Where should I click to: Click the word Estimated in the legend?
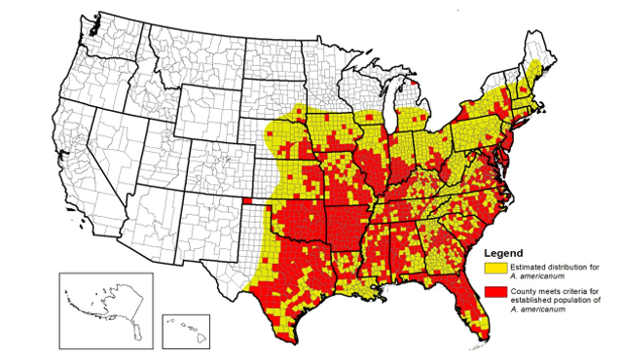(530, 265)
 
